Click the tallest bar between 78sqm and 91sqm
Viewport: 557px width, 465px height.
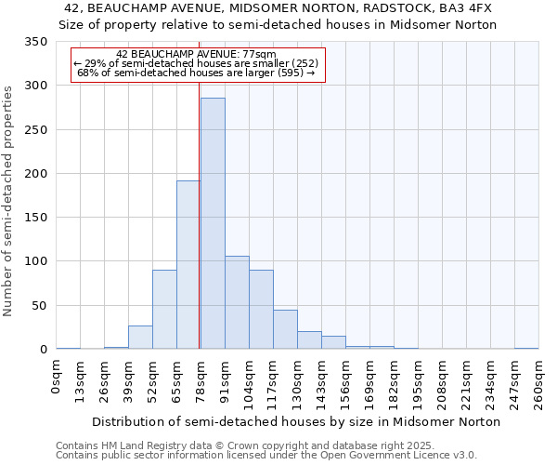pos(213,223)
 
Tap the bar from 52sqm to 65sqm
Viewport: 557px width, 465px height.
pos(164,310)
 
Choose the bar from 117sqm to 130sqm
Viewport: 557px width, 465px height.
pos(285,329)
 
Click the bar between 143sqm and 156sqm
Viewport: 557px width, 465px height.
pos(333,342)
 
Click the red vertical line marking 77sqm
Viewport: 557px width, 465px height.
pos(200,214)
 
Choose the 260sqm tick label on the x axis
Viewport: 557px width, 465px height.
pos(538,381)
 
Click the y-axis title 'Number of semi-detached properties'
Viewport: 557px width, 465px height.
pos(8,200)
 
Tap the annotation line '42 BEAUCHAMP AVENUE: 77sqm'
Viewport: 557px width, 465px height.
pos(197,55)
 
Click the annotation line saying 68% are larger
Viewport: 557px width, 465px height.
pos(197,73)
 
